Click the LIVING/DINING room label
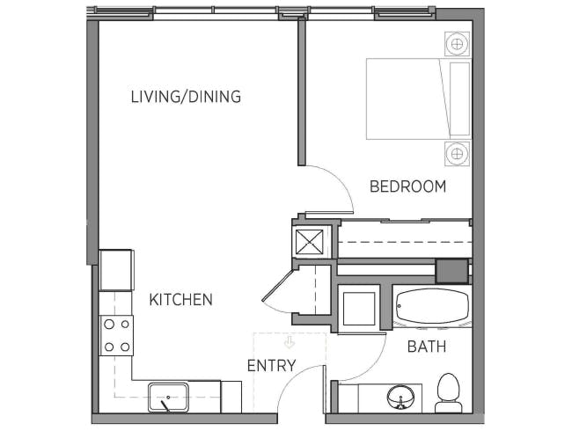tap(186, 97)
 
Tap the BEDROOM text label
tap(407, 186)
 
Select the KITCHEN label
tap(181, 300)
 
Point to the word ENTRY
tap(271, 365)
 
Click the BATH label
tap(427, 347)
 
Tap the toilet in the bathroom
tap(449, 392)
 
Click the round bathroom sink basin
tap(400, 398)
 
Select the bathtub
tap(432, 306)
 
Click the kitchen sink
tap(168, 397)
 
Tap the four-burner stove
tap(117, 335)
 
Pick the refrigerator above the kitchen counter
tap(116, 270)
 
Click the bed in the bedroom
tap(419, 99)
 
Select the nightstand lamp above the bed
tap(457, 44)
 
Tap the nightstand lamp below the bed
tap(457, 154)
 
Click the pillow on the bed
tap(459, 99)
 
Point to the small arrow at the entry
tap(290, 343)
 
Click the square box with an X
tap(310, 242)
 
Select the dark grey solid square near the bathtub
tap(452, 271)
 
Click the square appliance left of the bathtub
tap(359, 309)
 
